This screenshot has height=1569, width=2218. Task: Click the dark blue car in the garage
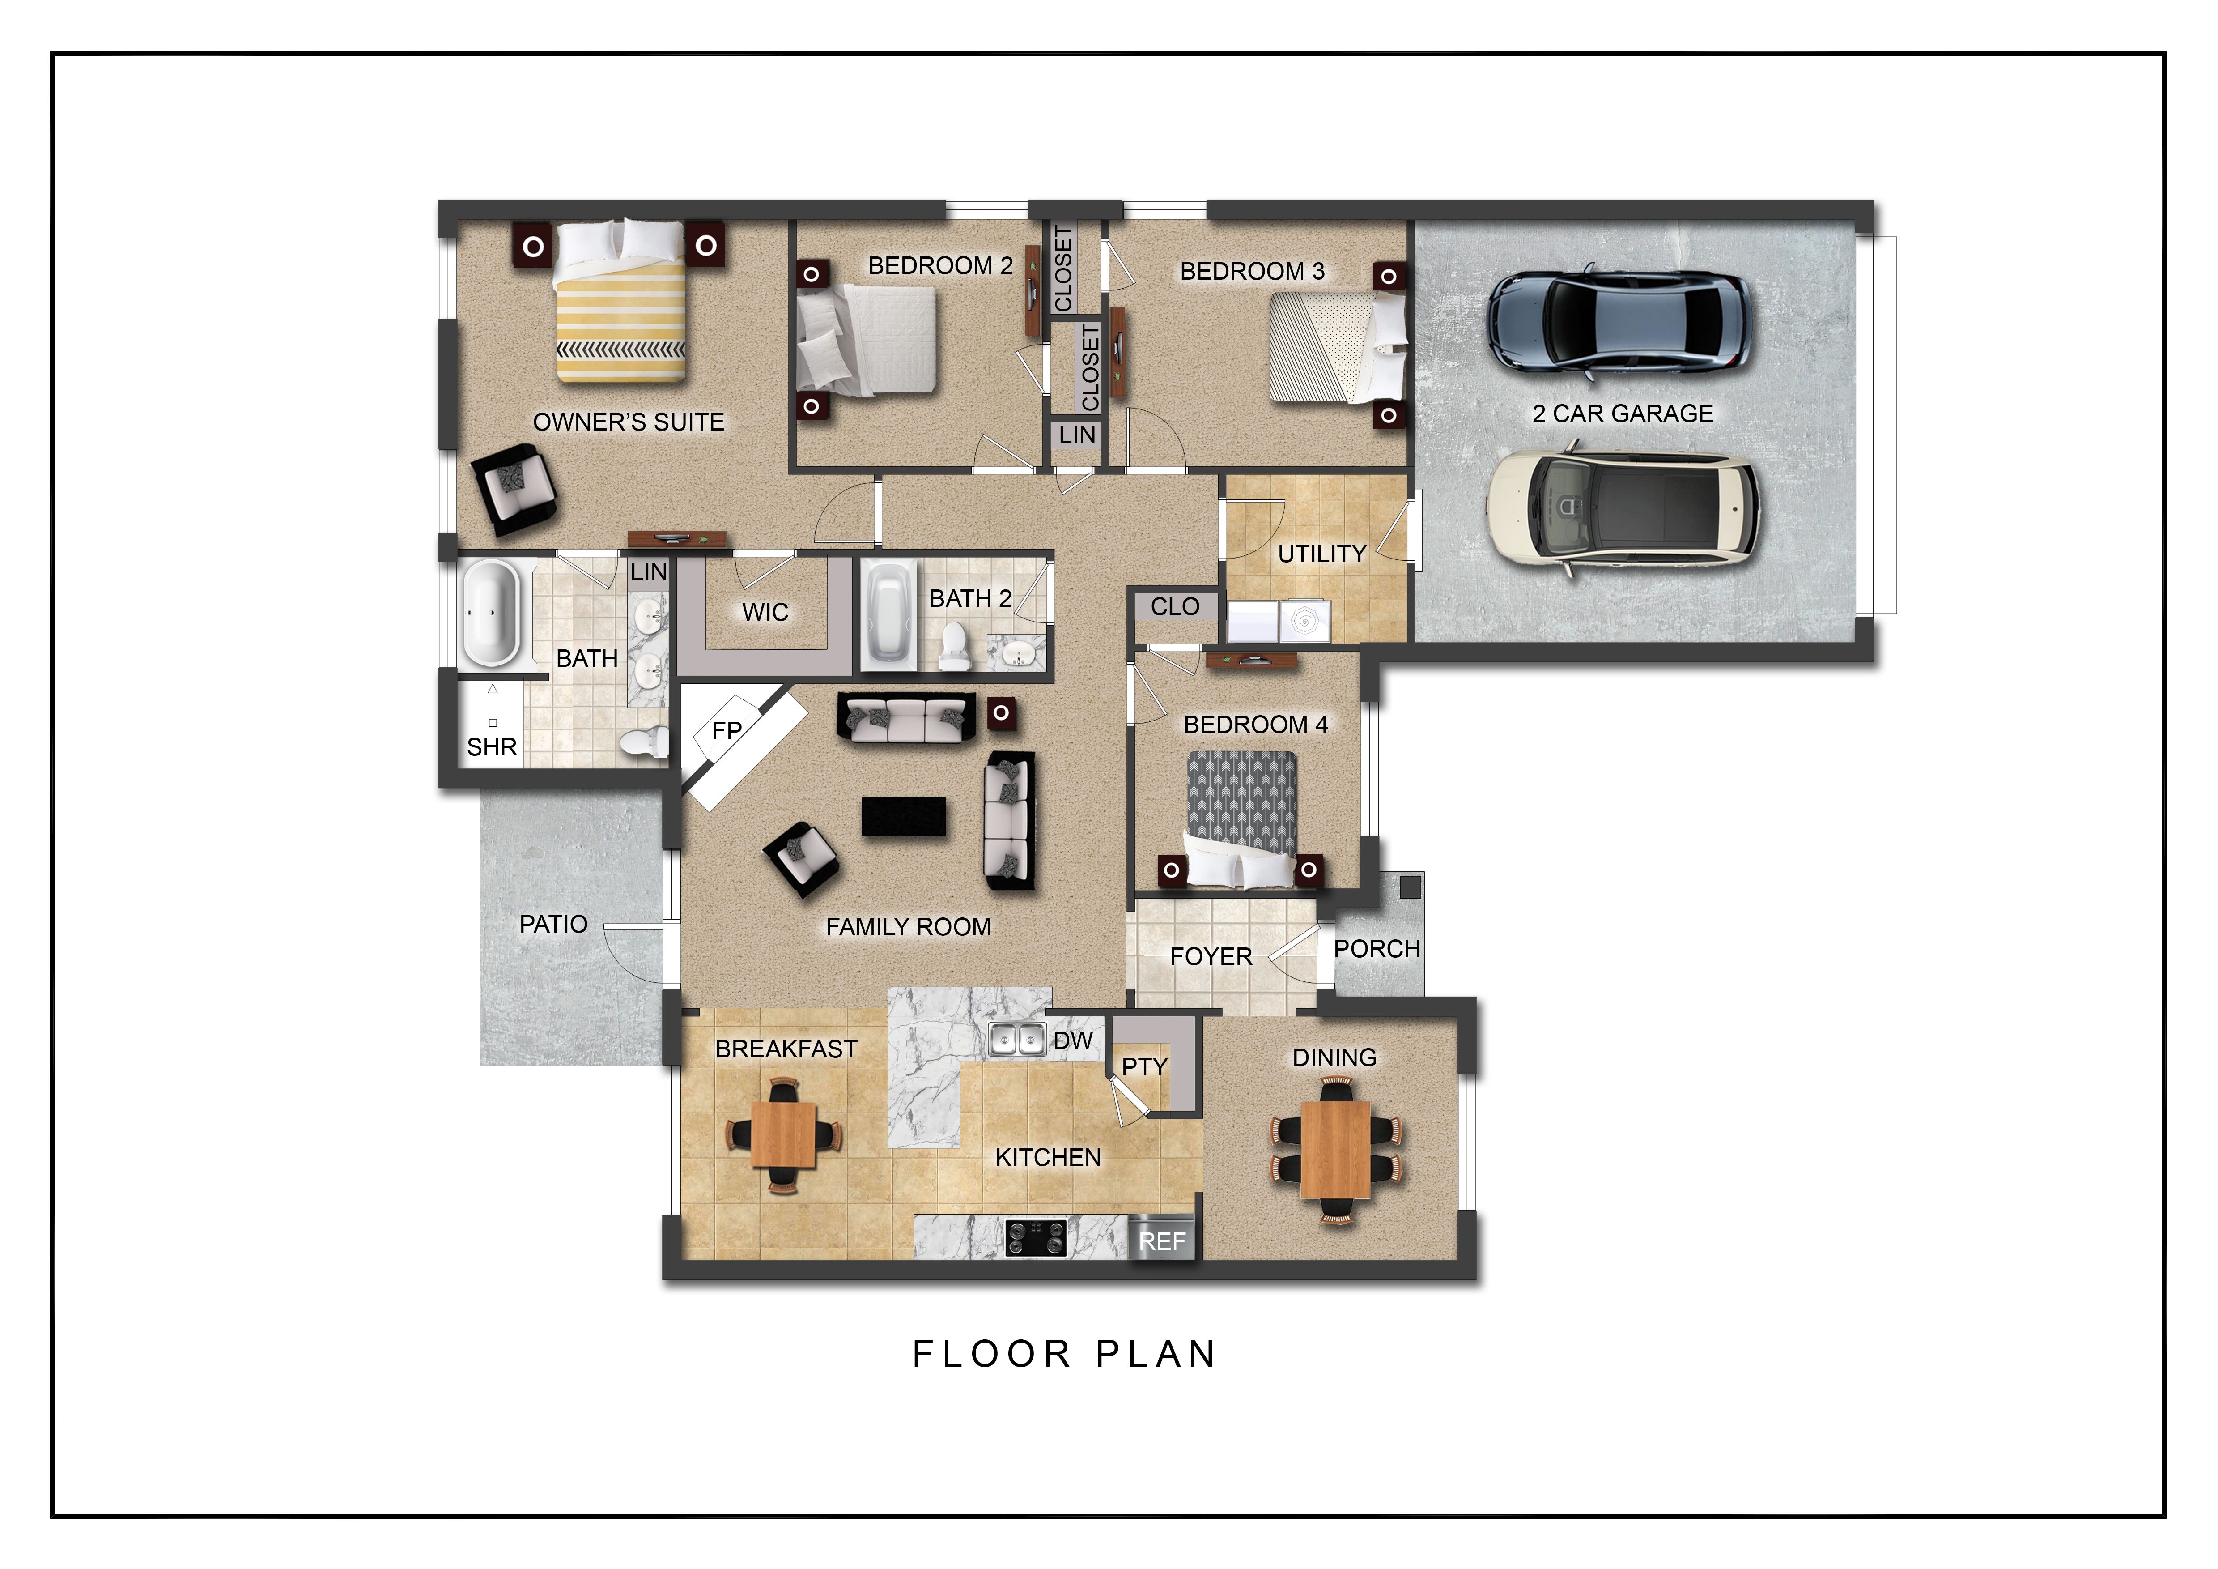point(1618,320)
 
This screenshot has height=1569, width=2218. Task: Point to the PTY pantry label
point(1145,1066)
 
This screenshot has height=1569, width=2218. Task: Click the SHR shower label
point(492,747)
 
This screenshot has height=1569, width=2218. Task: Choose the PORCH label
point(1377,949)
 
